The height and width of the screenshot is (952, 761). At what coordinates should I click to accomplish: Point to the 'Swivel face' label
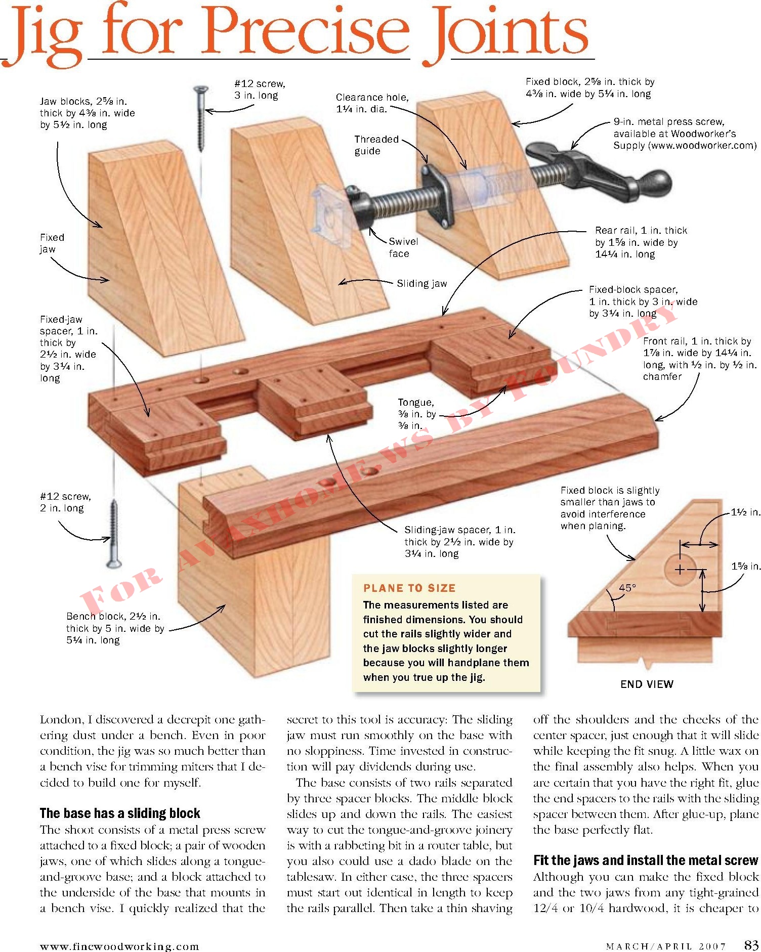(403, 247)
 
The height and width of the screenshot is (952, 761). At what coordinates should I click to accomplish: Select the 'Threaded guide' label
(376, 145)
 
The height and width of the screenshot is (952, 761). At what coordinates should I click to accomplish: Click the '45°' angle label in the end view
(627, 588)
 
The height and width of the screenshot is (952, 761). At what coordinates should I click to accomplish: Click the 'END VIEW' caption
(647, 684)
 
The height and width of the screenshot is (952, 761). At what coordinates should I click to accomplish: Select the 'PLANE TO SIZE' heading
(409, 588)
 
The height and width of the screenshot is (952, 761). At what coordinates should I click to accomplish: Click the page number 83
(751, 944)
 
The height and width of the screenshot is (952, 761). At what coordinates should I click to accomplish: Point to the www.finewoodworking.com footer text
(119, 946)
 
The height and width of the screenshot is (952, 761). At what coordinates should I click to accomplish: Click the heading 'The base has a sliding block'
(120, 813)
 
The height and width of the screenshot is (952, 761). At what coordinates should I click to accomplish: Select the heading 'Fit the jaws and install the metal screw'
(646, 860)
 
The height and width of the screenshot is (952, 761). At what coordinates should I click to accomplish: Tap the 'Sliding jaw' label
(421, 283)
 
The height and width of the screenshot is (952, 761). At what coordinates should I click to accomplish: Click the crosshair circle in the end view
(680, 570)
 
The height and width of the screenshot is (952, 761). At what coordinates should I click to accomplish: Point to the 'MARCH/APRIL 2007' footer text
(666, 946)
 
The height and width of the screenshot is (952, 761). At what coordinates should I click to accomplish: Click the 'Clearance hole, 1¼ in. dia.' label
(372, 103)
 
